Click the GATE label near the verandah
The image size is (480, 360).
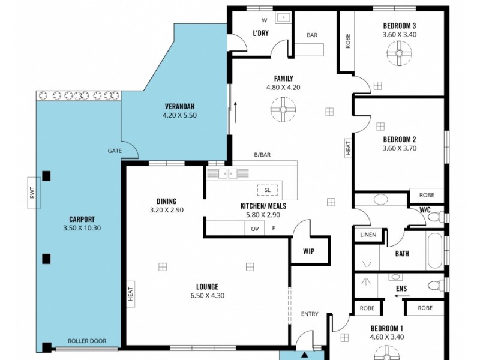click(115, 151)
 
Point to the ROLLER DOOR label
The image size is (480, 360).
click(86, 341)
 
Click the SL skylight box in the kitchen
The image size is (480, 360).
click(267, 190)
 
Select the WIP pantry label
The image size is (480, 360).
click(308, 252)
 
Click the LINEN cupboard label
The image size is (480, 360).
click(368, 235)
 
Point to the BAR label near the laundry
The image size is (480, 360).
click(312, 35)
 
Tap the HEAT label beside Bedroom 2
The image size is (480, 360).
click(347, 148)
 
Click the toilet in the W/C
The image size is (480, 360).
click(436, 219)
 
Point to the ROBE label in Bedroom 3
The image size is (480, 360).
click(347, 40)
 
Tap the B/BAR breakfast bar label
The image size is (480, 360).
click(262, 155)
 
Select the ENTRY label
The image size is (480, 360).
click(310, 314)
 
